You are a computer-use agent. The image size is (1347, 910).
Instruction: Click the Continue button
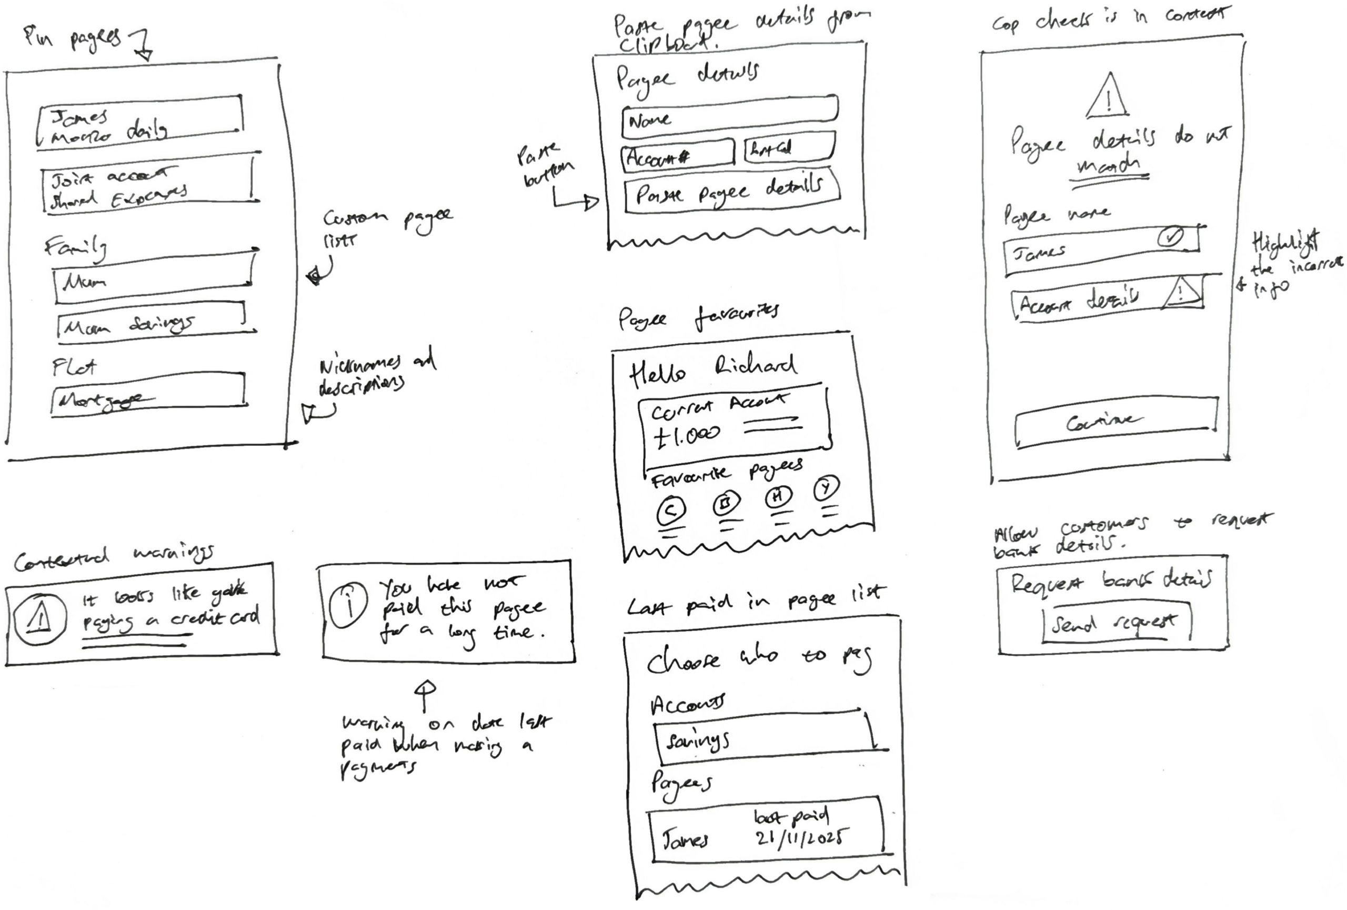pyautogui.click(x=1115, y=422)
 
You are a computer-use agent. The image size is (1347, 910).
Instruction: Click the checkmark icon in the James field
pyautogui.click(x=1170, y=238)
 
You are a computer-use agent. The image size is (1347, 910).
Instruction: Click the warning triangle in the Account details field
pyautogui.click(x=1180, y=291)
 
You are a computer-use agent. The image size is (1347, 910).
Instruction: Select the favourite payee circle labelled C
pyautogui.click(x=670, y=511)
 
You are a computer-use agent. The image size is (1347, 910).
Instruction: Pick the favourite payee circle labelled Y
pyautogui.click(x=826, y=487)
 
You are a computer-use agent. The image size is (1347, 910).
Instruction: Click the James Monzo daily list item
pyautogui.click(x=139, y=124)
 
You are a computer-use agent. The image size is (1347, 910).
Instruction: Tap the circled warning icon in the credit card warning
pyautogui.click(x=39, y=619)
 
